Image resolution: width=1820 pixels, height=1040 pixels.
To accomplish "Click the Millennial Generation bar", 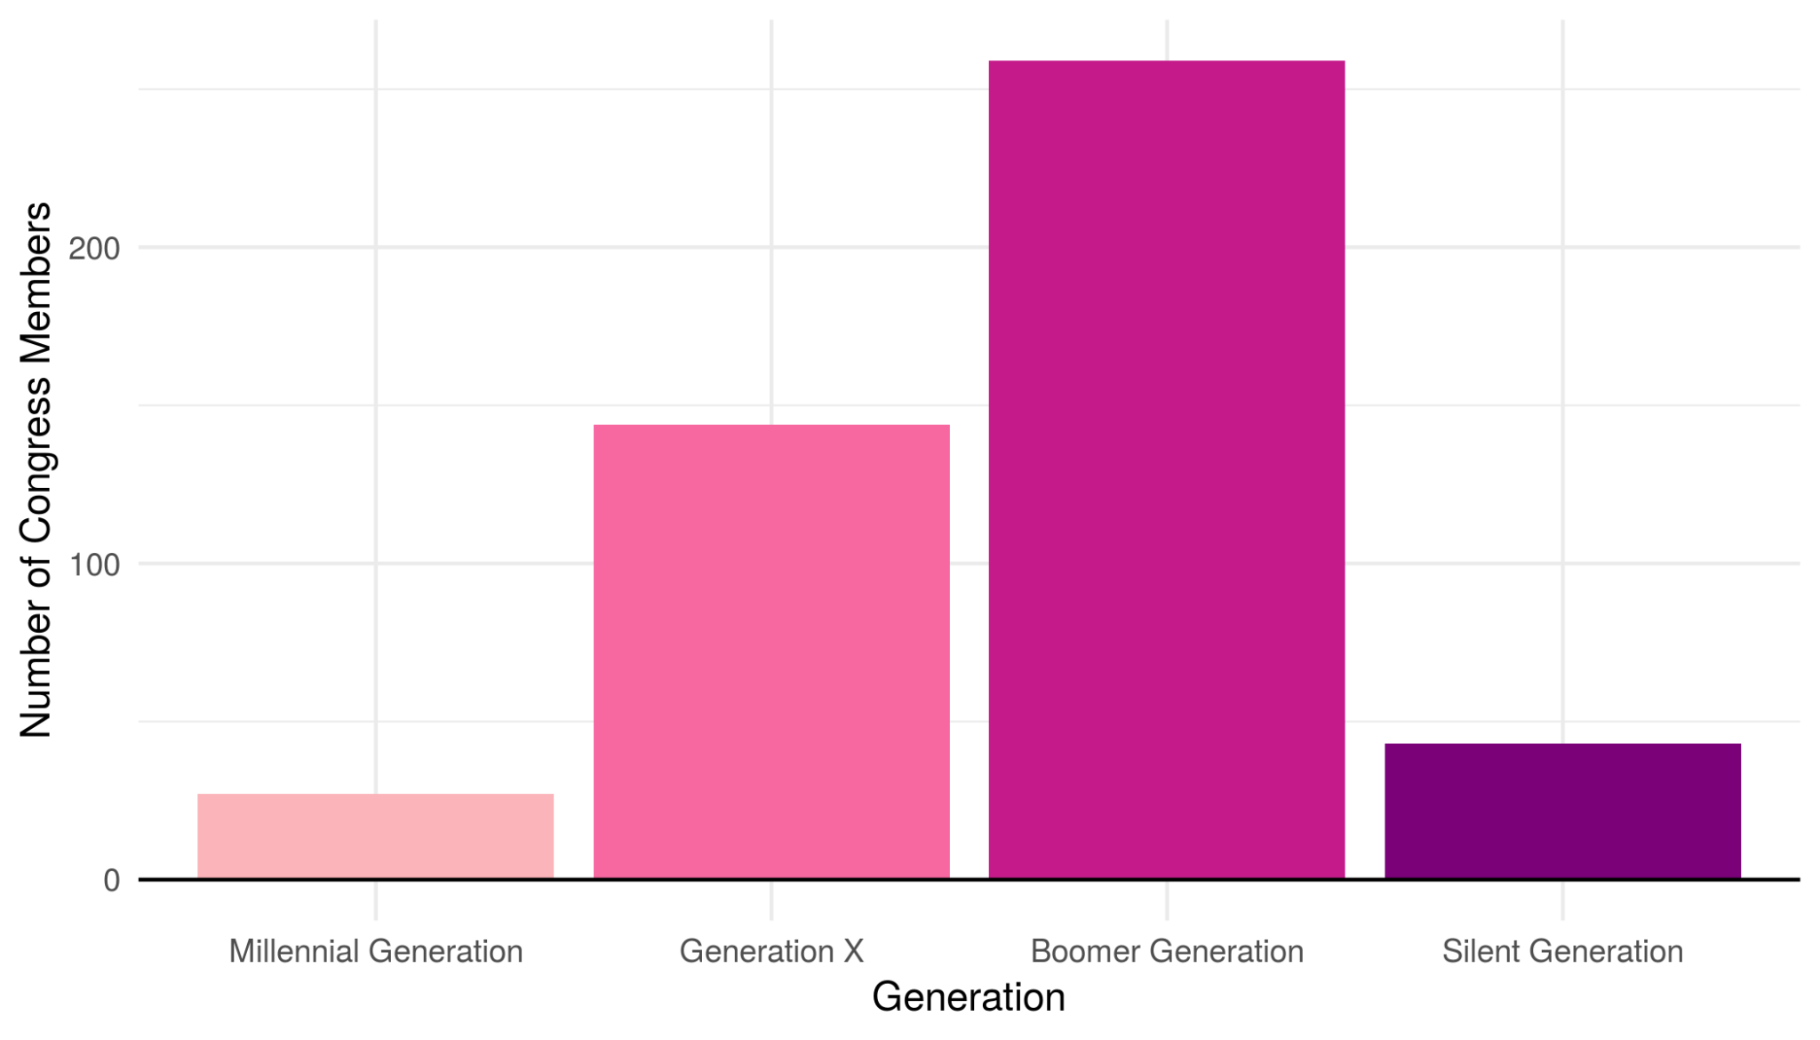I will pos(375,836).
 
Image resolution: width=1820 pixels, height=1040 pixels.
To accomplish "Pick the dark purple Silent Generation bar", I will pos(1562,811).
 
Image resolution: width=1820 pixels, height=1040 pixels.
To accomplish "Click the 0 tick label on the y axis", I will pos(112,881).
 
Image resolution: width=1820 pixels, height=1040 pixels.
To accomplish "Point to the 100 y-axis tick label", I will pos(94,564).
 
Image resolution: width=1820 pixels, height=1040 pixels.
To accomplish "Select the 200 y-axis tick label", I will pos(94,248).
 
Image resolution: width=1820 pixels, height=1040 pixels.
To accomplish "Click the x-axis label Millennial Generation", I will pos(375,951).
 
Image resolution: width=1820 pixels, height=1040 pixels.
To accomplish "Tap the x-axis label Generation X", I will pos(771,951).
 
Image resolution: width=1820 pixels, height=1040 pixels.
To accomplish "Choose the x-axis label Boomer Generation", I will pos(1166,951).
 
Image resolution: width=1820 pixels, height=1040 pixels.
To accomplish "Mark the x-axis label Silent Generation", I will pos(1562,951).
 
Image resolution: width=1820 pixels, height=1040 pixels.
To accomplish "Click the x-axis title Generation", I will pos(968,997).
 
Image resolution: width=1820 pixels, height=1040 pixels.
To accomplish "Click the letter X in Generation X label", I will pos(852,951).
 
